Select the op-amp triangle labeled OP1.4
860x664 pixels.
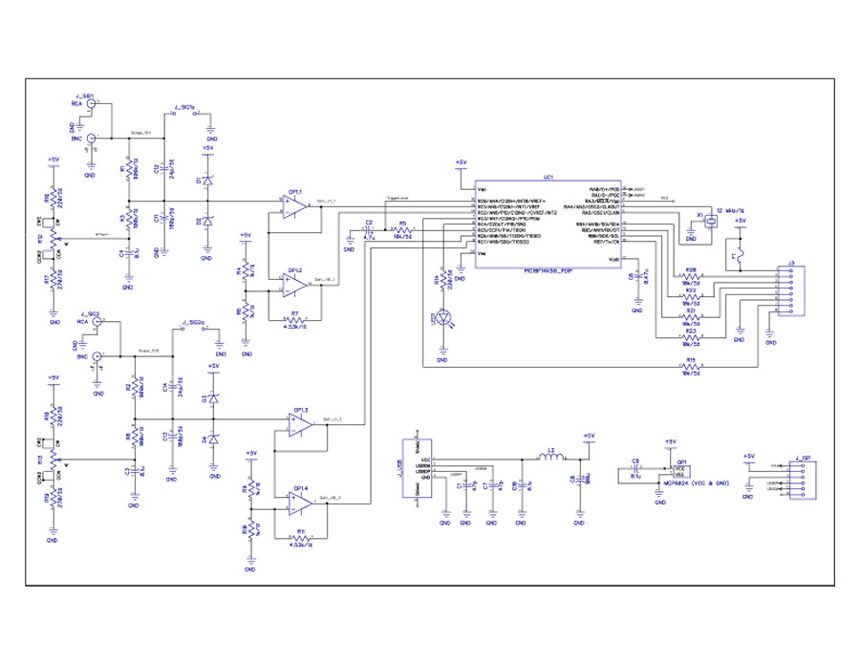click(x=303, y=498)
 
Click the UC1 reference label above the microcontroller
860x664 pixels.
click(x=548, y=178)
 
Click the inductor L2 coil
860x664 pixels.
click(x=551, y=460)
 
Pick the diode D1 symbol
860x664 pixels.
click(x=207, y=182)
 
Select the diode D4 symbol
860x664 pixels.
click(x=213, y=439)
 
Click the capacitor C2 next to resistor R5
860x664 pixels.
click(x=369, y=231)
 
